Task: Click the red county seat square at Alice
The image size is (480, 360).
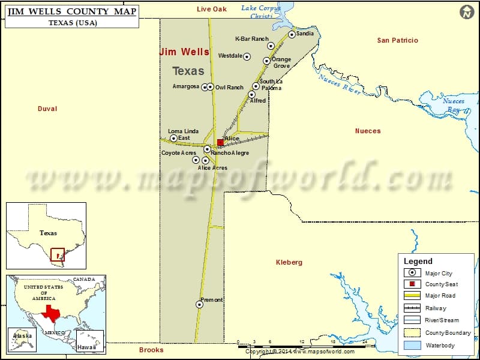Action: (220, 142)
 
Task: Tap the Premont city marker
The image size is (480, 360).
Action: (199, 304)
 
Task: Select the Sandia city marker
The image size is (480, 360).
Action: (292, 34)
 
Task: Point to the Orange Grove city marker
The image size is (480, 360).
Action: (266, 61)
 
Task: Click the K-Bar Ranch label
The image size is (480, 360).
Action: (251, 39)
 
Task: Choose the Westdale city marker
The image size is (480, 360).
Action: (247, 56)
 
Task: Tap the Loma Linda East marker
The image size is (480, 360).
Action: (174, 138)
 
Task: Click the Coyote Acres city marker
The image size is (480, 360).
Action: (195, 160)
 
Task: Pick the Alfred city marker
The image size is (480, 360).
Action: (251, 94)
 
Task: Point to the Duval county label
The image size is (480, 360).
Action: (47, 109)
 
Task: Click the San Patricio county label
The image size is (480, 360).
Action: (397, 40)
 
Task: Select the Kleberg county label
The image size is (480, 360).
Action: (289, 262)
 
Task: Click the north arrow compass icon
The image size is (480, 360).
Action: (467, 12)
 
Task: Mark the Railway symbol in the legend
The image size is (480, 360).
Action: (412, 308)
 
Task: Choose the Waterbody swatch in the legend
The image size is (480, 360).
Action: (412, 345)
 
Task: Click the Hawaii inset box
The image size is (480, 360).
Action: (90, 341)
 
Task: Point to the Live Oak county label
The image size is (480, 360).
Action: (212, 9)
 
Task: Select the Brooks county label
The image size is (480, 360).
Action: (151, 350)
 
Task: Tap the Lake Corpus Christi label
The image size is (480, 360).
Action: (261, 12)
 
